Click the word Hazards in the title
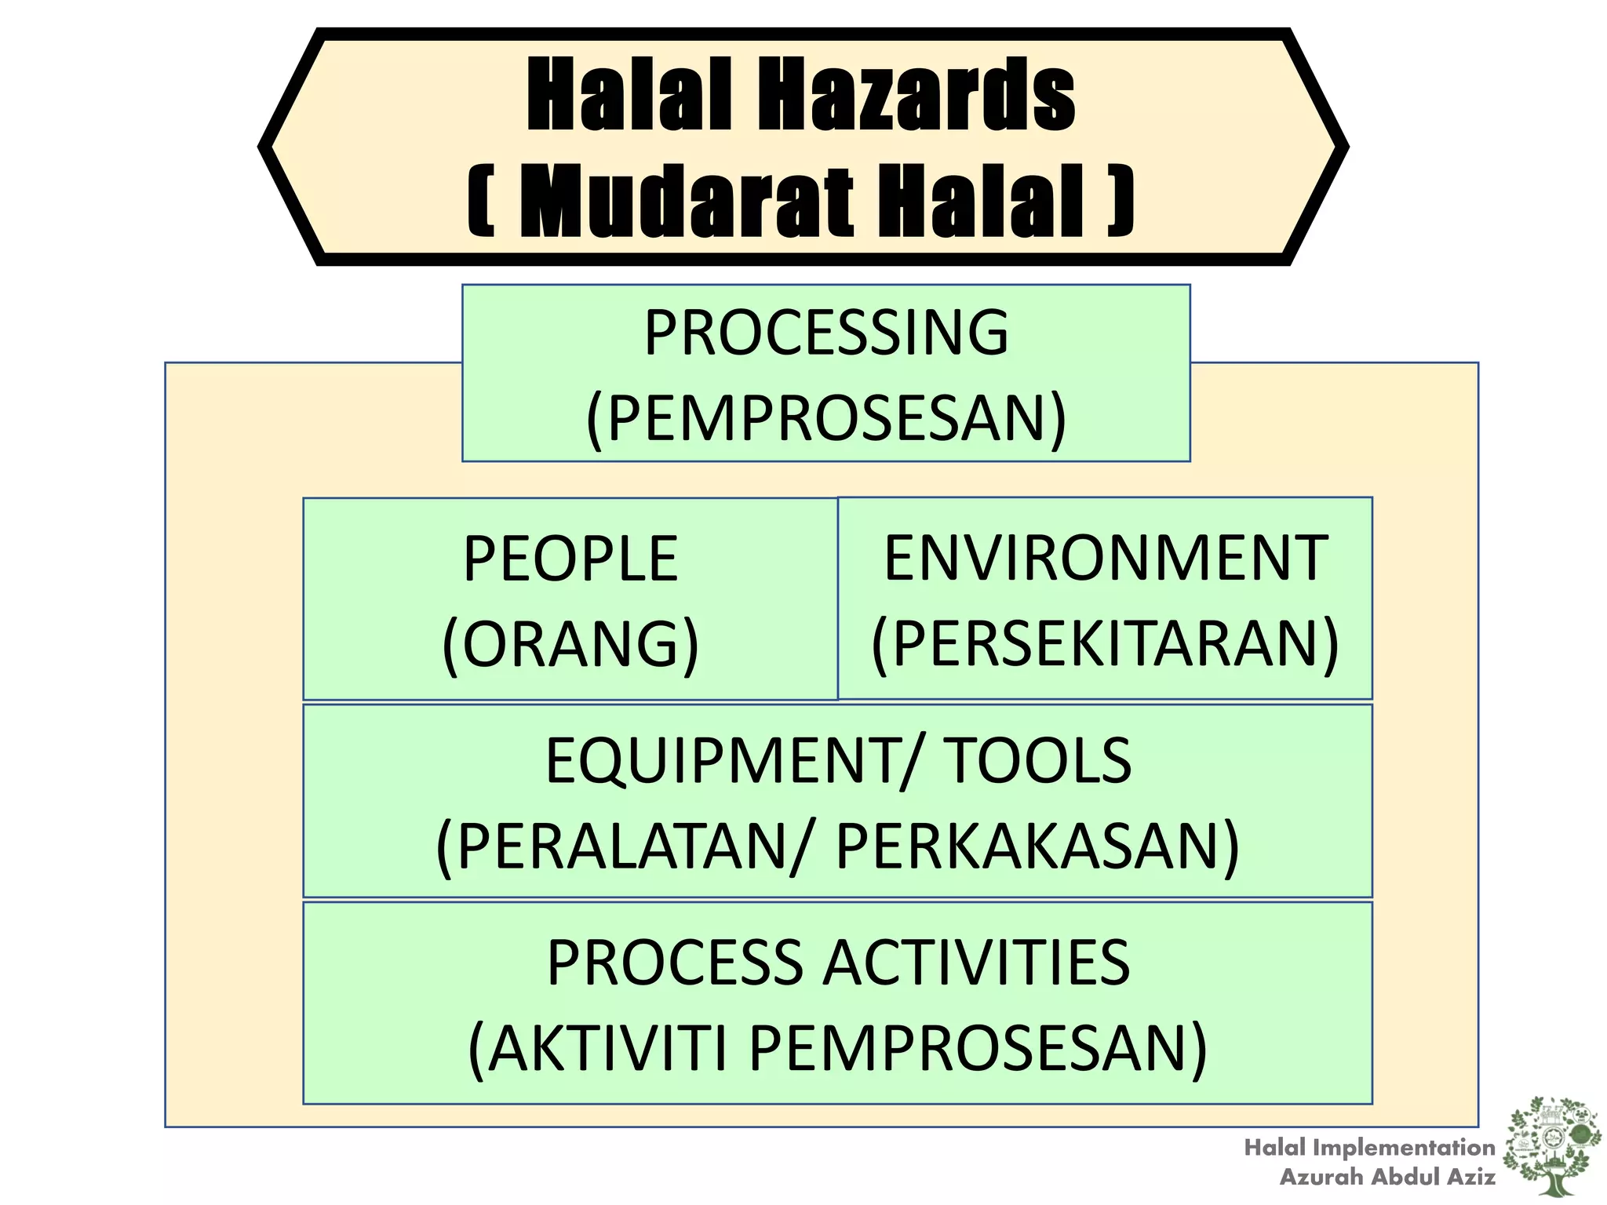(915, 96)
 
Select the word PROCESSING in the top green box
(826, 333)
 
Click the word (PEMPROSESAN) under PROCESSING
(826, 418)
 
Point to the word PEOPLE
(570, 559)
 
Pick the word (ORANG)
(570, 644)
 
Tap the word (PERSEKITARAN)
(1106, 643)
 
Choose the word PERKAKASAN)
(1037, 846)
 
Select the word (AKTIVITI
(598, 1048)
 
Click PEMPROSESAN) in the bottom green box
(978, 1048)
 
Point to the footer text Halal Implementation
(1369, 1148)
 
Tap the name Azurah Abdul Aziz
(1387, 1177)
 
